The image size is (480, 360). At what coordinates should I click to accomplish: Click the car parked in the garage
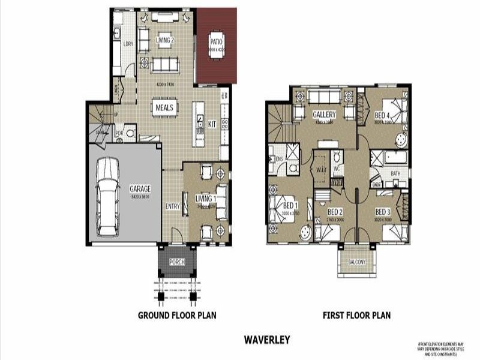(x=107, y=197)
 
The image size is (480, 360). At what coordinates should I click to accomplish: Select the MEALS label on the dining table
(x=164, y=107)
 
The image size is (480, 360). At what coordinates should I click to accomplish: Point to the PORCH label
(x=177, y=262)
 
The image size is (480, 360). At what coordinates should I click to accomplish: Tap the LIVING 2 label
(x=165, y=41)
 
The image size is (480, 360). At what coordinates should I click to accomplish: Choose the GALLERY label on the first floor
(x=324, y=115)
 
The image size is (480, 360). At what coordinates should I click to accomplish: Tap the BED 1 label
(x=291, y=205)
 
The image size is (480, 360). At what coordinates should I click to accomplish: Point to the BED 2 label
(x=335, y=212)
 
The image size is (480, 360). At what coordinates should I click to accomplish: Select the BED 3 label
(x=383, y=212)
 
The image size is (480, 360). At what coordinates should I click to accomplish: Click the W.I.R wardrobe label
(x=320, y=170)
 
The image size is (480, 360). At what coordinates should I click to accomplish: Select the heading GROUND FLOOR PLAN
(x=177, y=315)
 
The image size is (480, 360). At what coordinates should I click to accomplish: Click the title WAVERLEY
(x=267, y=340)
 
